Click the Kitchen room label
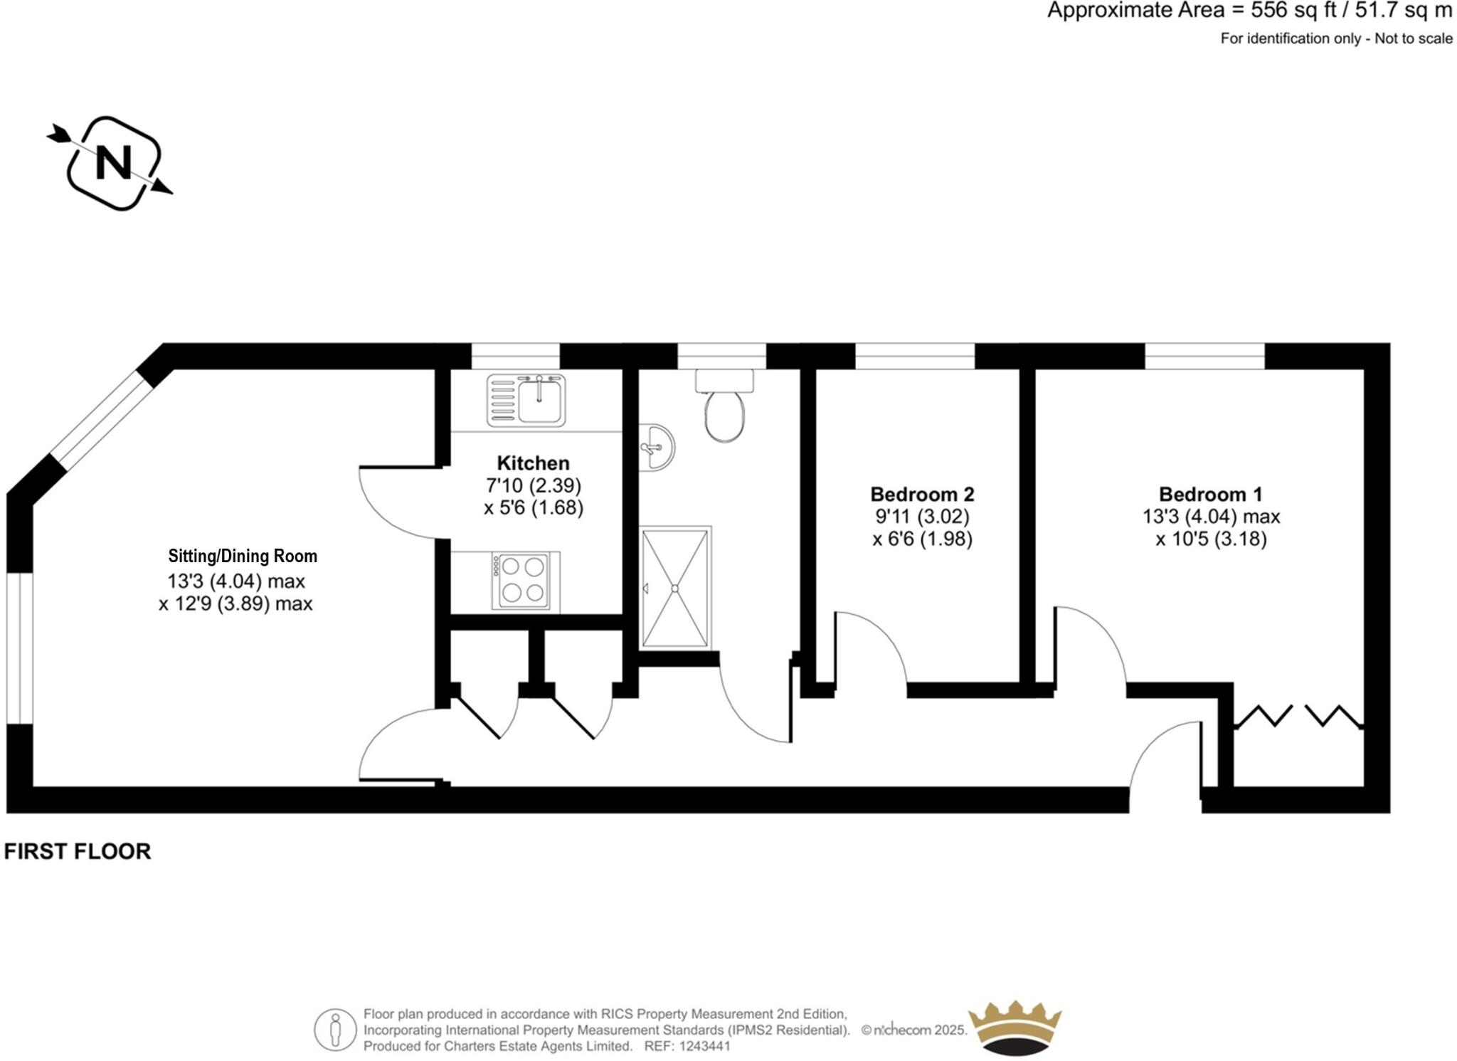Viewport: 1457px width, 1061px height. pyautogui.click(x=533, y=463)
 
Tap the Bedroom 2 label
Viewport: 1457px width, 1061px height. pyautogui.click(x=922, y=494)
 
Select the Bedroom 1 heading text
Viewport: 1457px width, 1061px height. pyautogui.click(x=1211, y=494)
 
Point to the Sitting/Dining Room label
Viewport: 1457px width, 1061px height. pyautogui.click(x=243, y=556)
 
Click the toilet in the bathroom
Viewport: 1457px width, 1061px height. pyautogui.click(x=725, y=409)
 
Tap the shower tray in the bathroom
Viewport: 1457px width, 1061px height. pyautogui.click(x=675, y=588)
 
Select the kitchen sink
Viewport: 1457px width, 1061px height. pyautogui.click(x=526, y=401)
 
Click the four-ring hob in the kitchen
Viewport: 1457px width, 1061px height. pyautogui.click(x=520, y=581)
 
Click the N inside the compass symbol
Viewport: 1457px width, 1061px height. pyautogui.click(x=114, y=163)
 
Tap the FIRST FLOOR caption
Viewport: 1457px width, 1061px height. pyautogui.click(x=78, y=852)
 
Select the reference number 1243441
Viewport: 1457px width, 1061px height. pyautogui.click(x=704, y=1046)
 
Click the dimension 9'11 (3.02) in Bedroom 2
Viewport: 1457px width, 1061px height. pyautogui.click(x=922, y=517)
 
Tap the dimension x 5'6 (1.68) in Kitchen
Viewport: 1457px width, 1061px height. pyautogui.click(x=534, y=508)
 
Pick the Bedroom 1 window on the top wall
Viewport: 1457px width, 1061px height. pyautogui.click(x=1204, y=356)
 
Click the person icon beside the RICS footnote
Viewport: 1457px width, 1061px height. pyautogui.click(x=335, y=1030)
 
